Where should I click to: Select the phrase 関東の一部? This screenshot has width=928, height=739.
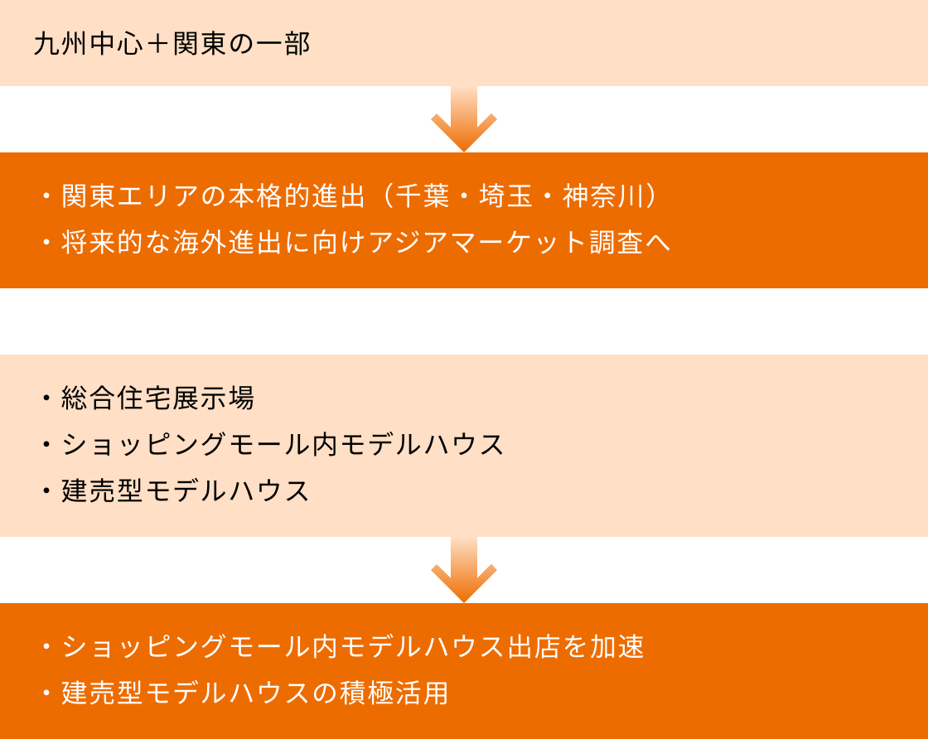click(x=242, y=44)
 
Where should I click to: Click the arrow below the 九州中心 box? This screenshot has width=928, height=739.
click(x=464, y=119)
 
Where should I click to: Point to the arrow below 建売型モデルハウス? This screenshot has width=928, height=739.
click(x=464, y=570)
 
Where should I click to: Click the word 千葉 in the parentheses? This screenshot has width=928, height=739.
click(x=423, y=197)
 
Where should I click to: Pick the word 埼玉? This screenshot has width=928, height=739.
click(x=506, y=197)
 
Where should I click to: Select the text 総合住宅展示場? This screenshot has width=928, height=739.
click(x=158, y=398)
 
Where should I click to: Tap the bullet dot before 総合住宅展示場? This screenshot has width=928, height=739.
click(x=46, y=398)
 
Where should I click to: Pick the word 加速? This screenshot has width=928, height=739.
click(x=617, y=647)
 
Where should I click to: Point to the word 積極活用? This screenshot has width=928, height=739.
click(x=394, y=693)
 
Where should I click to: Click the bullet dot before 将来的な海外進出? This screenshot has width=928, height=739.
click(x=46, y=243)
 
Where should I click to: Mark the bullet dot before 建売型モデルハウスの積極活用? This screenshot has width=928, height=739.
click(x=46, y=693)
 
